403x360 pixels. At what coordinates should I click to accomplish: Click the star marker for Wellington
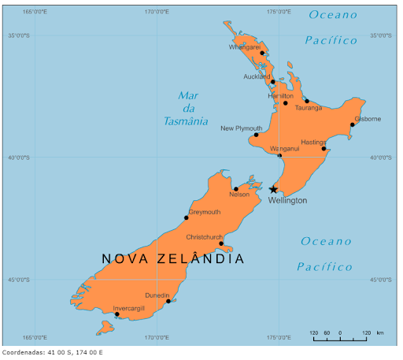tap(273, 189)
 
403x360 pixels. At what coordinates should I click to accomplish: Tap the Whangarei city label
tap(244, 47)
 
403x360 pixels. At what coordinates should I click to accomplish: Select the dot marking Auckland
tap(272, 81)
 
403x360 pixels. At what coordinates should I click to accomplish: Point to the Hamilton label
tap(280, 96)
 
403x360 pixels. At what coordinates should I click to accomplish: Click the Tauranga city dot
tap(307, 101)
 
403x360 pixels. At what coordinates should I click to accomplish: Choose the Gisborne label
tap(368, 119)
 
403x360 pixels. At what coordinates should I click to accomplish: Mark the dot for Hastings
tap(324, 148)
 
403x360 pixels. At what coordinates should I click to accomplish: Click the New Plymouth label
tap(241, 128)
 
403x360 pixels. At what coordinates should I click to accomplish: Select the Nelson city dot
tap(235, 189)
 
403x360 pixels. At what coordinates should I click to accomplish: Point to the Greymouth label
tap(205, 212)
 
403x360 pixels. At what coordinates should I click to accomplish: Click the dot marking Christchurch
tap(221, 243)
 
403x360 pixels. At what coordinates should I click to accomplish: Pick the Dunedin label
tap(157, 295)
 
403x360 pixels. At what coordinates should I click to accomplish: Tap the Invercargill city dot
tap(116, 314)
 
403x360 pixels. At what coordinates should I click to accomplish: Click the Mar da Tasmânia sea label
tap(187, 109)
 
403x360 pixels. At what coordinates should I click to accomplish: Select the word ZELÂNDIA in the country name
tap(201, 258)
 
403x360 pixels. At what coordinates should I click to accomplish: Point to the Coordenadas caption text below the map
tap(52, 352)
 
